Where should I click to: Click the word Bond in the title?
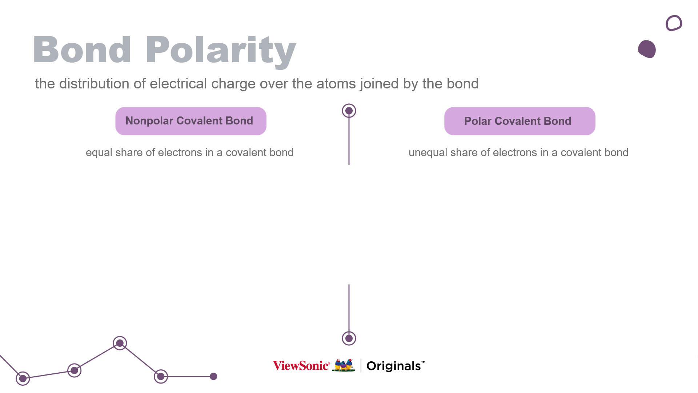coord(82,50)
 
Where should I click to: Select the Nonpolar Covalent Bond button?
coord(191,121)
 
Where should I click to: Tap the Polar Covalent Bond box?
coord(520,121)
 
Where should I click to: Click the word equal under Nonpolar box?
coord(99,152)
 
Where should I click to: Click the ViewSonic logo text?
coord(301,366)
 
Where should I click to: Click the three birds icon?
coord(344,365)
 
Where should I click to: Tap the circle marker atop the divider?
coord(349,111)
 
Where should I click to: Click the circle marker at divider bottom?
coord(349,338)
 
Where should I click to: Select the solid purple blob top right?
coord(647,49)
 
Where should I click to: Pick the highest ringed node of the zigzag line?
coord(120,343)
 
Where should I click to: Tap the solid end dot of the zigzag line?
coord(214,376)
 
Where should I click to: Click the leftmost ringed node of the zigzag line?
coord(23,378)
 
